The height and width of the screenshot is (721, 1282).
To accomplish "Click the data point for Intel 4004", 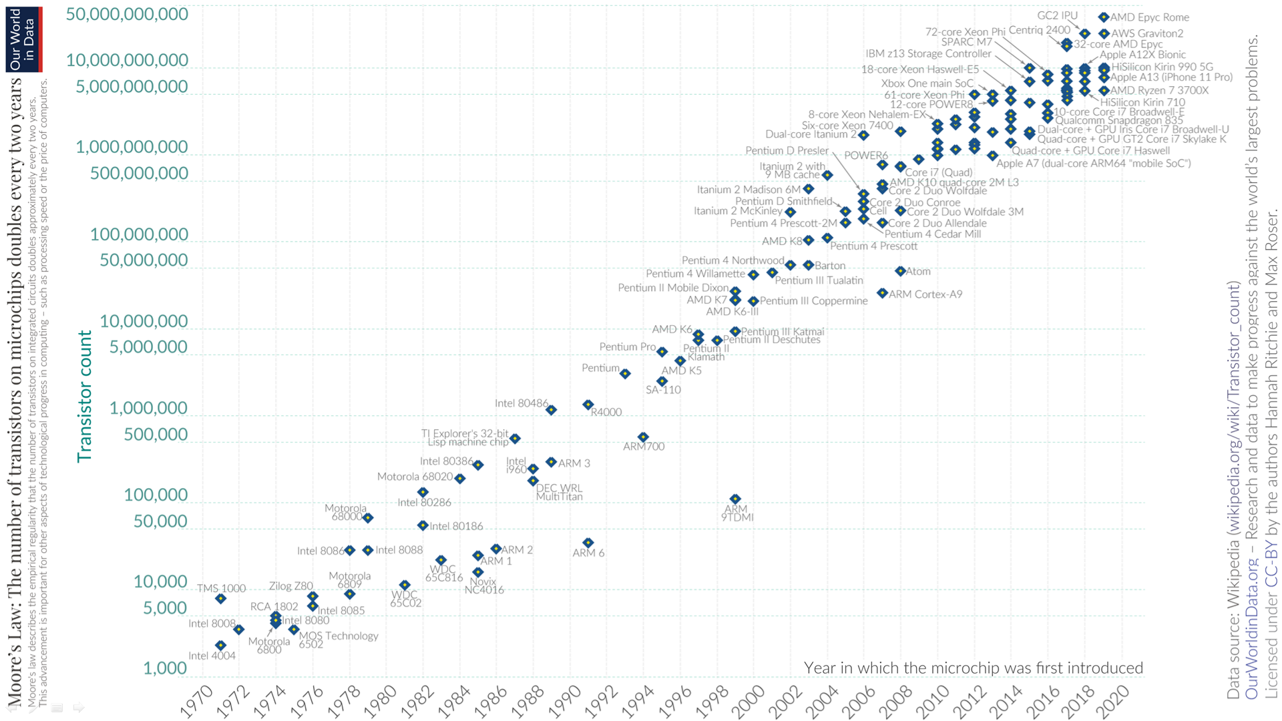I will [x=220, y=645].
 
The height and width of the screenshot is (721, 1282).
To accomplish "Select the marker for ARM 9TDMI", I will [x=735, y=499].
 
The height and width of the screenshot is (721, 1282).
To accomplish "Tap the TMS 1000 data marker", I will [x=220, y=599].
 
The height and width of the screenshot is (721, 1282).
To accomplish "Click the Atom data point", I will [x=900, y=271].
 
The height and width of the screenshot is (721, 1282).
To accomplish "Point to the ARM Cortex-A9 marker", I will [x=882, y=293].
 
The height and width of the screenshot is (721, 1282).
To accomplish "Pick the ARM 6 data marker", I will [x=588, y=543].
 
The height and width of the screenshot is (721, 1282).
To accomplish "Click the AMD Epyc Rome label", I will [x=1149, y=17].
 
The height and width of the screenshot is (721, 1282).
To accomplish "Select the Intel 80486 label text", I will [x=521, y=403].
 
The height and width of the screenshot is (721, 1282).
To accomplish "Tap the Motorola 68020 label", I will [x=415, y=477].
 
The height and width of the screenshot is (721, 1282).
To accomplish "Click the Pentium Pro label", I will [x=627, y=346].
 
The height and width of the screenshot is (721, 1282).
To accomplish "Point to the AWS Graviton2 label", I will [x=1147, y=33].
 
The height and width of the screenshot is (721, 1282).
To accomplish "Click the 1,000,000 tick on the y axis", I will [x=148, y=408].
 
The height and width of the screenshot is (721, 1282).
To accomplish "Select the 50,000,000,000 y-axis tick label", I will [x=127, y=14].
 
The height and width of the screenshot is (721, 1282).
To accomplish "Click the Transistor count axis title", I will [x=85, y=396].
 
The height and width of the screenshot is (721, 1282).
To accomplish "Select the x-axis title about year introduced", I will [x=973, y=668].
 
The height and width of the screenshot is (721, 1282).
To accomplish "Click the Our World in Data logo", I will [x=24, y=39].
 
